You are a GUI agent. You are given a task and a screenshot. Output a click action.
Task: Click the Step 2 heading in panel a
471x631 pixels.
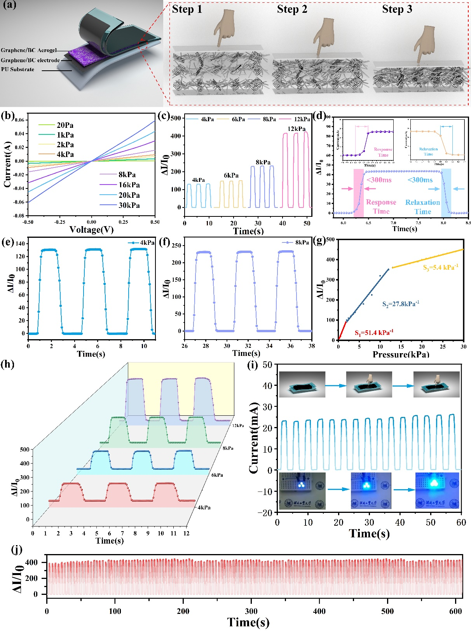(x=292, y=9)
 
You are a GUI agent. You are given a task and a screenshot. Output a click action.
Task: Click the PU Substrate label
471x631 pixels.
(x=17, y=70)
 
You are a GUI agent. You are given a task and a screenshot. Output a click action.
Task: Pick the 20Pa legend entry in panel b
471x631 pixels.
(x=65, y=125)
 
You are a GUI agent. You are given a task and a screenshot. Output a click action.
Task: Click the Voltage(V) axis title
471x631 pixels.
(x=91, y=230)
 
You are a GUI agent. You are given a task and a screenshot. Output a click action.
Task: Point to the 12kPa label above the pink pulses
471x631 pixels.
(x=296, y=129)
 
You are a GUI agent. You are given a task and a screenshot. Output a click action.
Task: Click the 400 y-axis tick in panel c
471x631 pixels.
(x=176, y=136)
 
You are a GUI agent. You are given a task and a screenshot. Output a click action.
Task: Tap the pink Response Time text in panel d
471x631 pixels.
(x=381, y=207)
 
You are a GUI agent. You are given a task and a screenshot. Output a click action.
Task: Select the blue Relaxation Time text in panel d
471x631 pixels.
(x=422, y=207)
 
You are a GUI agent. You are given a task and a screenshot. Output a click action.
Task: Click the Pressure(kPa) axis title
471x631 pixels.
(x=401, y=354)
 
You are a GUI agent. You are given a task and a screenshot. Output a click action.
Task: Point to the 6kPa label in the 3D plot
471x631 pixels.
(x=217, y=475)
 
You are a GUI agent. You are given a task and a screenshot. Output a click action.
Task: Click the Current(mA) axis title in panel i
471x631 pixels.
(x=254, y=438)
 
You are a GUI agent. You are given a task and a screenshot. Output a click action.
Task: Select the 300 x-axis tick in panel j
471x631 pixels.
(x=251, y=611)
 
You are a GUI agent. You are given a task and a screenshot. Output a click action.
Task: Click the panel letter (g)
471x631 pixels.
(x=319, y=241)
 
